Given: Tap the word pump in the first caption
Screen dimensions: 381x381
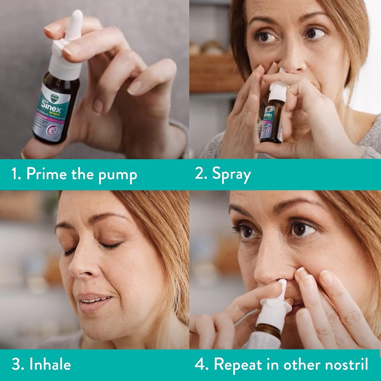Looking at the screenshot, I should click(118, 175).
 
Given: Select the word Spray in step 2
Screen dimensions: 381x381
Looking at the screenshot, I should click(231, 175).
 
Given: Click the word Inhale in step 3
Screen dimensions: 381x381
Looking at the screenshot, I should click(50, 365).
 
